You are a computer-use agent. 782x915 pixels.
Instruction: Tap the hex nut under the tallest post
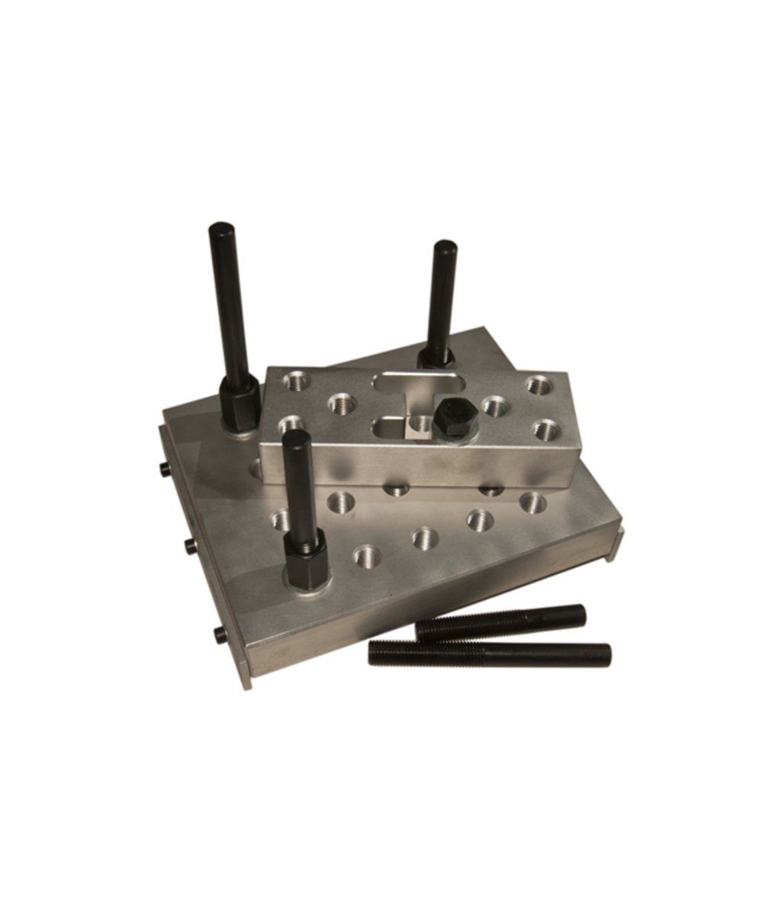pos(239,401)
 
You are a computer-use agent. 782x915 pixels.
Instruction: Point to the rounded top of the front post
pos(296,437)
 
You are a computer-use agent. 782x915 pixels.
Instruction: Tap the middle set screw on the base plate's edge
pos(188,545)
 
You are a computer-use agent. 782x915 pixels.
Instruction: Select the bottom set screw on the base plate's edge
pos(218,633)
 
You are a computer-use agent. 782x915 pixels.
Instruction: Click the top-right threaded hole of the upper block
pos(539,384)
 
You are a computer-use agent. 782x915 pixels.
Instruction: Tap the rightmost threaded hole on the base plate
pos(533,502)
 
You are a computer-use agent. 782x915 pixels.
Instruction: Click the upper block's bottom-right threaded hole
pos(545,430)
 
